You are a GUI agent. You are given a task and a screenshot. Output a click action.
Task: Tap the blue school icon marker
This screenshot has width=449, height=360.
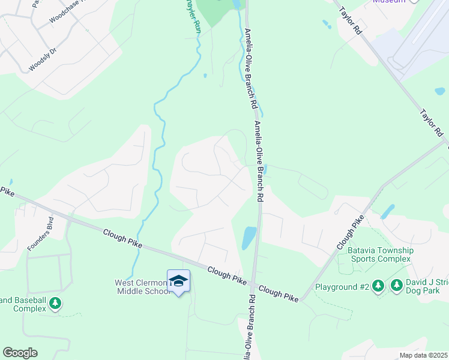coord(178,281)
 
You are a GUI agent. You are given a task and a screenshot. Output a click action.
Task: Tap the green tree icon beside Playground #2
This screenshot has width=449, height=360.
coord(378,286)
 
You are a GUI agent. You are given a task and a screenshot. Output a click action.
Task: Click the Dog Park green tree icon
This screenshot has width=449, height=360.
coord(397,286)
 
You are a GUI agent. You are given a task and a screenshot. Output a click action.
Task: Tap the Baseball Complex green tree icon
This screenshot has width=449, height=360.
coord(55,304)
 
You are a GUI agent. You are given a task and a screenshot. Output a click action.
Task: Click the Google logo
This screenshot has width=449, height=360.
coord(20,353)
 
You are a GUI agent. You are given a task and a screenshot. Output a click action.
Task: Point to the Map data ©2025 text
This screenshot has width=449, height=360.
coord(423,355)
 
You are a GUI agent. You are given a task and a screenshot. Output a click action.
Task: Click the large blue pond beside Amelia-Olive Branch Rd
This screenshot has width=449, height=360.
coord(249,238)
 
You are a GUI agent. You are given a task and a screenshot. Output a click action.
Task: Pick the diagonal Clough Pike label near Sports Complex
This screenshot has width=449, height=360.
coord(349,235)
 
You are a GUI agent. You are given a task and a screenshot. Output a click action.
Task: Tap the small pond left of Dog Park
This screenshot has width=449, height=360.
coord(387,211)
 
